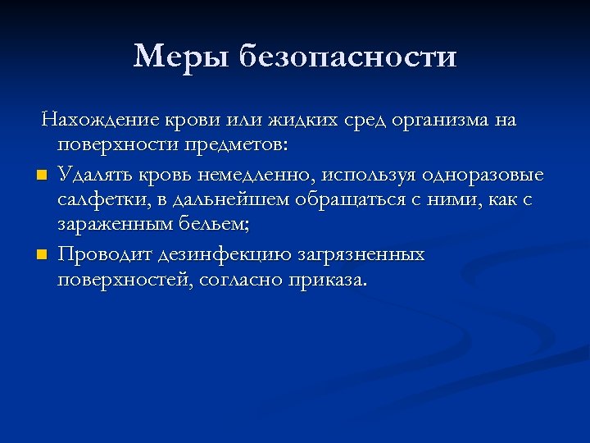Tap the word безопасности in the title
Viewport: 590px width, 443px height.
[x=348, y=57]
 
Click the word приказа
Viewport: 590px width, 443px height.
[x=325, y=281]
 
